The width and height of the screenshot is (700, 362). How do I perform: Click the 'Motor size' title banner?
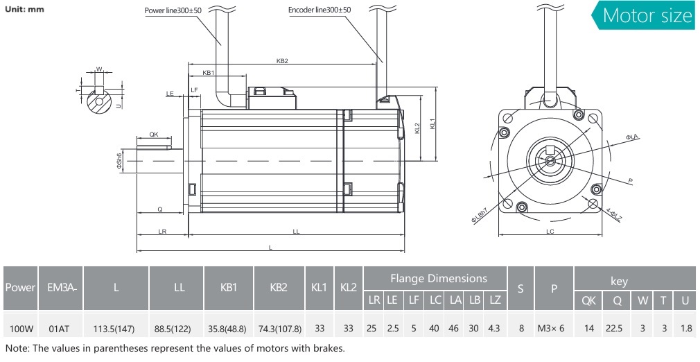click(647, 15)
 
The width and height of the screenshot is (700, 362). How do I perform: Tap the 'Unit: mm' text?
click(25, 10)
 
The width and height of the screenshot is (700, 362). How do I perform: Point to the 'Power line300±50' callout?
click(173, 10)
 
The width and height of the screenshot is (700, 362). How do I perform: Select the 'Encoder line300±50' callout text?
click(320, 10)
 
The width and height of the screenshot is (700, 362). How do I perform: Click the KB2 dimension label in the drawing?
click(282, 61)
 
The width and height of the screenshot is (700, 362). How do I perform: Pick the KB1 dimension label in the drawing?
click(208, 73)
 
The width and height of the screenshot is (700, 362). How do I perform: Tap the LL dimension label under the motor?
click(296, 231)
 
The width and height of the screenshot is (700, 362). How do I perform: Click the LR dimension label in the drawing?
click(162, 231)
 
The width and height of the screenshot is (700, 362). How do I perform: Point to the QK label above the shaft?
click(154, 135)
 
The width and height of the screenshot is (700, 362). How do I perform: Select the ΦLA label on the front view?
click(632, 138)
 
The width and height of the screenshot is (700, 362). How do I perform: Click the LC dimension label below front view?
click(550, 232)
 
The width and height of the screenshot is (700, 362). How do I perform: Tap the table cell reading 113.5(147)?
click(116, 328)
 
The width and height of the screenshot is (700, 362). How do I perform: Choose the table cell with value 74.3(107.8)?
click(279, 328)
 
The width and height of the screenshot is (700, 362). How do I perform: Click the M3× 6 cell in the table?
click(553, 328)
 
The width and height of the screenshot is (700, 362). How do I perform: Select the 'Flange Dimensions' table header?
click(438, 278)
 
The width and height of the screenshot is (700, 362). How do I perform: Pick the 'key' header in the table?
click(619, 281)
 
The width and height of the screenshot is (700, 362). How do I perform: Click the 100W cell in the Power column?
click(20, 328)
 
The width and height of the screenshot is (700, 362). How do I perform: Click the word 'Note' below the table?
click(17, 347)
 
